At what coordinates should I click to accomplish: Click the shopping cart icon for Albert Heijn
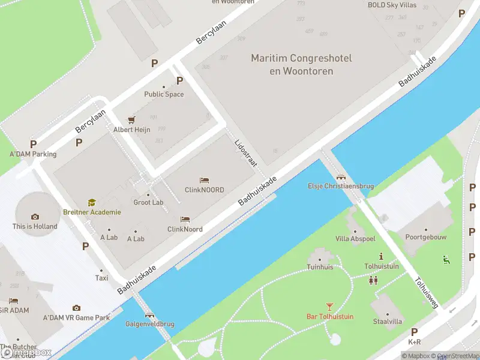coord(139,120)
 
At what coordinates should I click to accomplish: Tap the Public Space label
coord(164,94)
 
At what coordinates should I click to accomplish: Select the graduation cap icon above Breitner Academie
coord(92,203)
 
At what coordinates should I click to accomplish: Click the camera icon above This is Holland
coord(35,217)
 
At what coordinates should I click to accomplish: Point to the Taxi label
coord(102,278)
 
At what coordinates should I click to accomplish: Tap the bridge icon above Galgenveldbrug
coord(149,314)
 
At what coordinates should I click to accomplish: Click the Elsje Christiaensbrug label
coord(341,186)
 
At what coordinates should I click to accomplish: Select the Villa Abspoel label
coord(355,238)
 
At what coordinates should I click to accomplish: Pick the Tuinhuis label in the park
coord(320,267)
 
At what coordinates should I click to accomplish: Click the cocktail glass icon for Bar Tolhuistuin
coord(329,307)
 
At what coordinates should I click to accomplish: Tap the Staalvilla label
coord(387,322)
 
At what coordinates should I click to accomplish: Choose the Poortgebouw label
coord(426,237)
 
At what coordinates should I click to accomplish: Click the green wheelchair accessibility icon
coord(446,260)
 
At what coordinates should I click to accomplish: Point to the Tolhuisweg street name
coord(427,293)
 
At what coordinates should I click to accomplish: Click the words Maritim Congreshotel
coord(301,59)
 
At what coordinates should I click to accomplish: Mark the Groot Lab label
coord(148,202)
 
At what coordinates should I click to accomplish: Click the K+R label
coord(414,342)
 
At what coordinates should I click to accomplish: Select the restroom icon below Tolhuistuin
coord(373,280)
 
